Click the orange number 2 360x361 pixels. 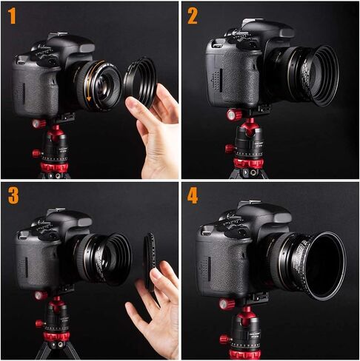point(193,16)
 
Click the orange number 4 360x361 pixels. point(193,197)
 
